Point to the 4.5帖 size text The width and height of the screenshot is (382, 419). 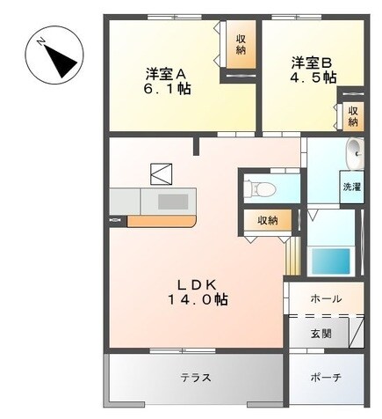[x=314, y=77]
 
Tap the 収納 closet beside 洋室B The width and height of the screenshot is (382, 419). [x=351, y=115]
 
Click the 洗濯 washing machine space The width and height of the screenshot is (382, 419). [x=351, y=187]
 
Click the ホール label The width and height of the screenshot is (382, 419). [x=327, y=299]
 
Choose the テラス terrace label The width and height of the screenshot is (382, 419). [x=194, y=379]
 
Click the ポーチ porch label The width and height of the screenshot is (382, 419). [x=326, y=379]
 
